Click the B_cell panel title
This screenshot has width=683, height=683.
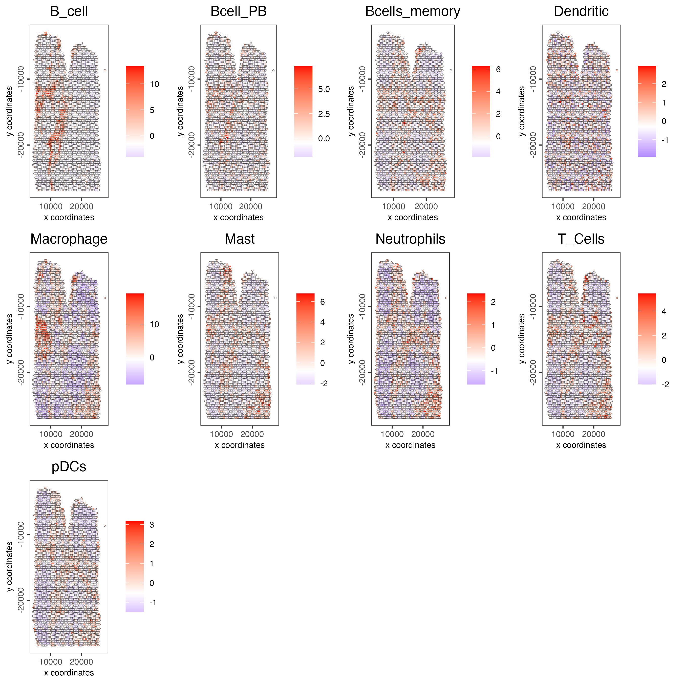[x=69, y=11]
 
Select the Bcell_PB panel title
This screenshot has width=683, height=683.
[x=238, y=11]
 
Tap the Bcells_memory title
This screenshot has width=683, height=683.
[x=413, y=11]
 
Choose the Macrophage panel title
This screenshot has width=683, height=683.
[x=69, y=239]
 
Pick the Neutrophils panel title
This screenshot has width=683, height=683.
[x=410, y=239]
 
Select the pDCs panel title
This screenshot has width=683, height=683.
[x=69, y=467]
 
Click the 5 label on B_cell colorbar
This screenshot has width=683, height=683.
[x=152, y=110]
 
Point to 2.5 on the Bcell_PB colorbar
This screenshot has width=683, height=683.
[x=324, y=114]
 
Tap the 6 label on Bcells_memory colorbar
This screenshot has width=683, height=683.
[x=498, y=69]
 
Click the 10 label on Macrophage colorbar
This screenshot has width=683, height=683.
[x=155, y=325]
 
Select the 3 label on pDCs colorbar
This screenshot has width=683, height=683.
[x=152, y=525]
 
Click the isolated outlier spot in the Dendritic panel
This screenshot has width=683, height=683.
[x=617, y=70]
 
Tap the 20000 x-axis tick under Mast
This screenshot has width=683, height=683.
[x=252, y=434]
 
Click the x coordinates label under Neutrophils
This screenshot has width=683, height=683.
[x=410, y=445]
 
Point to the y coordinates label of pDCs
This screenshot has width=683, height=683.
[x=10, y=567]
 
